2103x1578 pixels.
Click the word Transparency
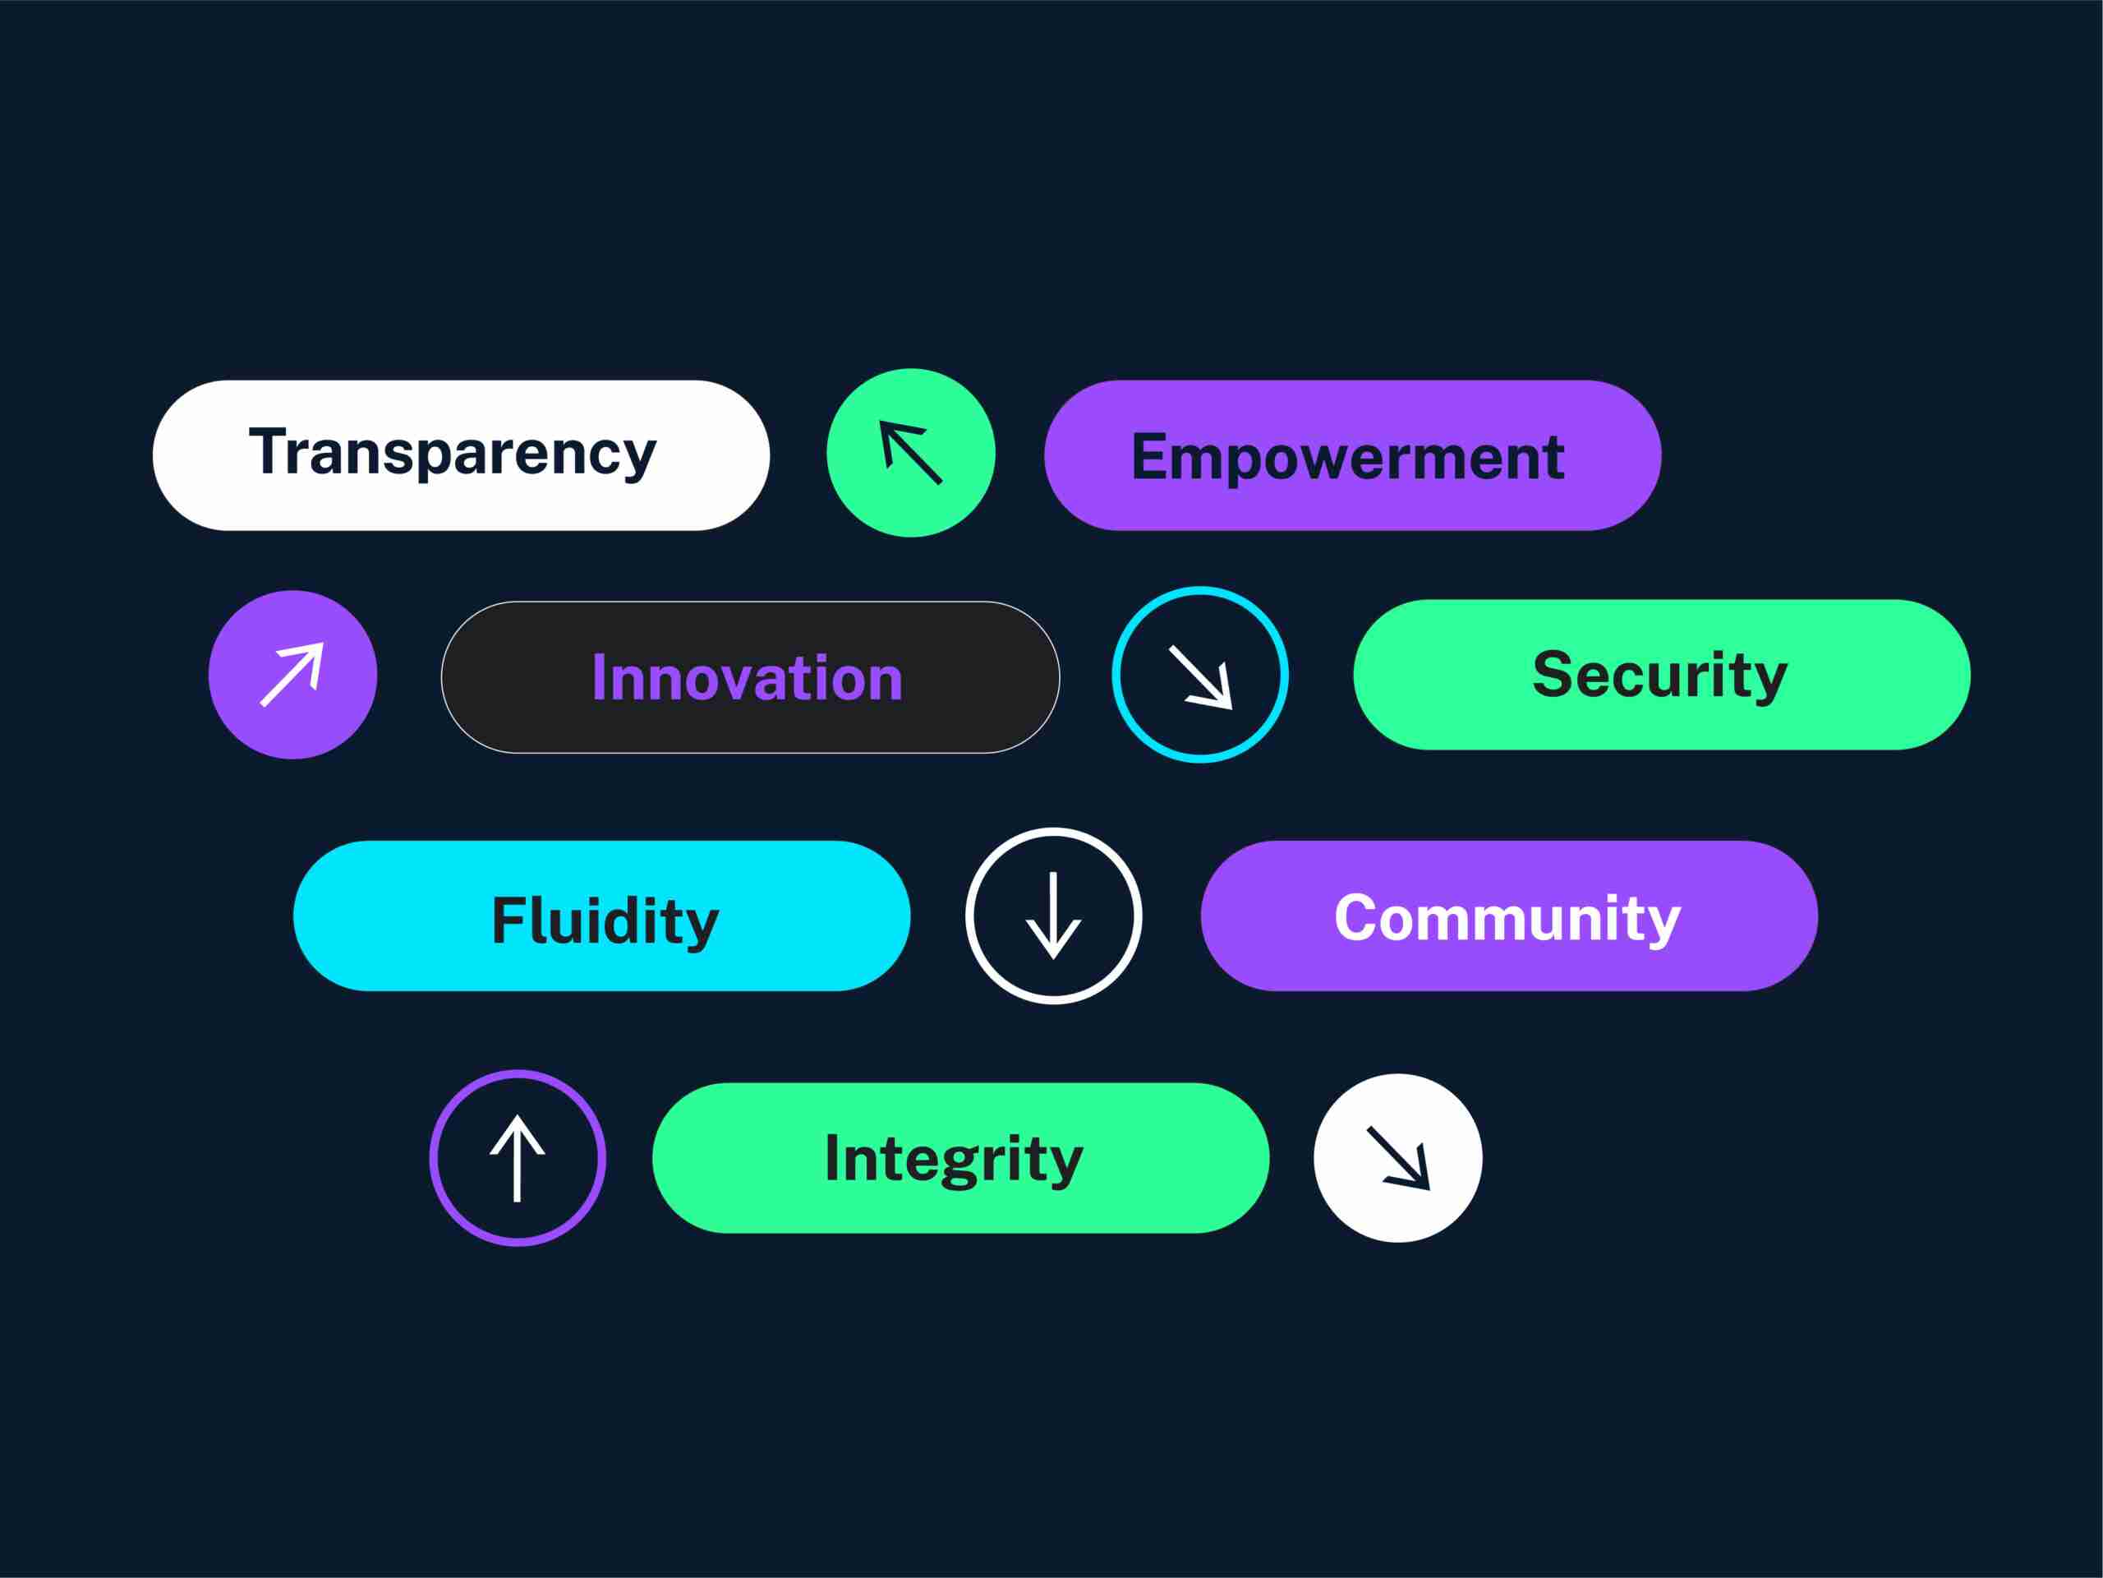453,454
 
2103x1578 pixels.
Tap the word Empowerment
1348,459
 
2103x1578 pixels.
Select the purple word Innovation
748,678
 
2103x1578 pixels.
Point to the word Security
1660,676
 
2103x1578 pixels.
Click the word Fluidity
605,921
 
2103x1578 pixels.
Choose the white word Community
1508,920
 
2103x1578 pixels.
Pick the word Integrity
954,1160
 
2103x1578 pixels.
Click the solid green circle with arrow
911,453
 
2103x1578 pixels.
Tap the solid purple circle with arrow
292,675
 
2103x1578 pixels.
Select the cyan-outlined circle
1200,675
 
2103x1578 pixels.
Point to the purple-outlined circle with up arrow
518,1157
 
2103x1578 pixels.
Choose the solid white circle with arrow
1397,1157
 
